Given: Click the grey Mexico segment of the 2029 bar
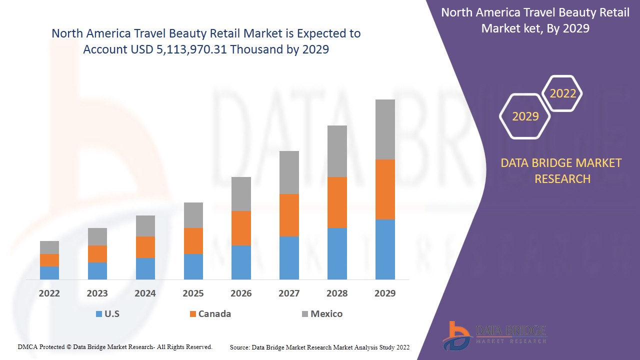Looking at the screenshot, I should (385, 129).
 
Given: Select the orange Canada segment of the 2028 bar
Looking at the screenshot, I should (337, 202).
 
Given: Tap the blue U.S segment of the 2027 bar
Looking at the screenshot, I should (289, 257).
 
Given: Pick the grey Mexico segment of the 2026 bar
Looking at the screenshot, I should (241, 193).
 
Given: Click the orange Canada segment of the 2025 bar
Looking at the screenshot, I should (193, 240).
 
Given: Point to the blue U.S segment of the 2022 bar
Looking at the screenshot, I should (49, 272).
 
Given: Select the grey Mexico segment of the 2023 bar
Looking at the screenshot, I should (97, 236).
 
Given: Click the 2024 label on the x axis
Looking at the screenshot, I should (145, 293).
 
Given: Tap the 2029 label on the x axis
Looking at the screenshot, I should (385, 293).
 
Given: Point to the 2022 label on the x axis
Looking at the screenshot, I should (49, 293).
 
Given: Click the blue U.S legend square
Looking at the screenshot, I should (98, 314).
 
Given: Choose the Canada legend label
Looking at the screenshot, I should (214, 314).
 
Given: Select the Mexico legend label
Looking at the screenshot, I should (326, 314).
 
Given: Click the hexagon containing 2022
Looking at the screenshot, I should (563, 93).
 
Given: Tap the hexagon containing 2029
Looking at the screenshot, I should (525, 116).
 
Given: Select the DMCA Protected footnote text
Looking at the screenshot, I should (115, 346).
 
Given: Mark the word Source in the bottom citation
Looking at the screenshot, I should (239, 347).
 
